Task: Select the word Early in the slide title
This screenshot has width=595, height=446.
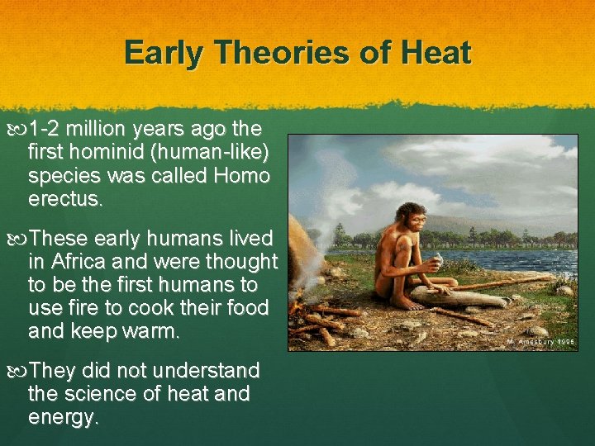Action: tap(164, 54)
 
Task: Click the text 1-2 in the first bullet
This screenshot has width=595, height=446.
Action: tap(45, 130)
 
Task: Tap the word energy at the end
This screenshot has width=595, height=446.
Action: tap(63, 417)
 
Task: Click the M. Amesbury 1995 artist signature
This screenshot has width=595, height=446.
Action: tap(542, 339)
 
